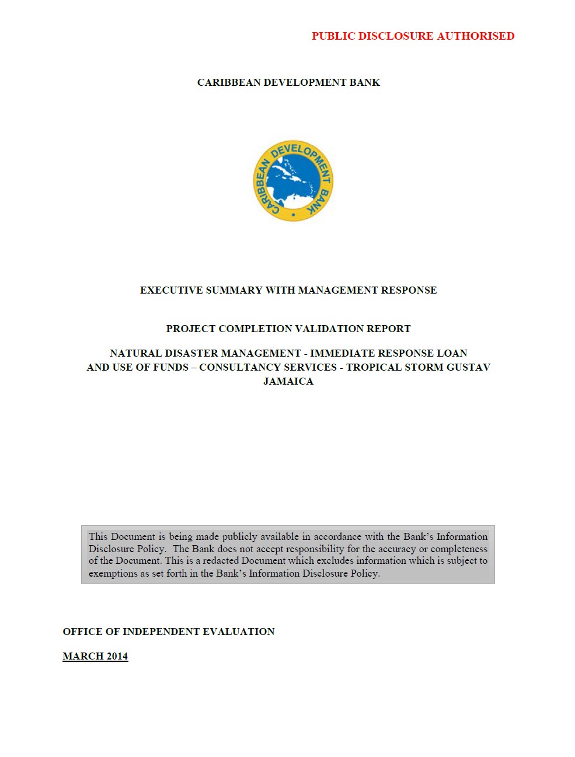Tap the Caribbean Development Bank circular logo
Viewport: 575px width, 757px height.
293,180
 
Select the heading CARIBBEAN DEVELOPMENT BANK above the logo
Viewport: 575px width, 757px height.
288,82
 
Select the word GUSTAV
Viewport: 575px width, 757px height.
468,367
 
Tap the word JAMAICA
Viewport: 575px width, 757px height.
288,381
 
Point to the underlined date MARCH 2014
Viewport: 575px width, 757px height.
95,656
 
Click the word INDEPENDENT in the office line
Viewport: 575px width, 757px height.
162,632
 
